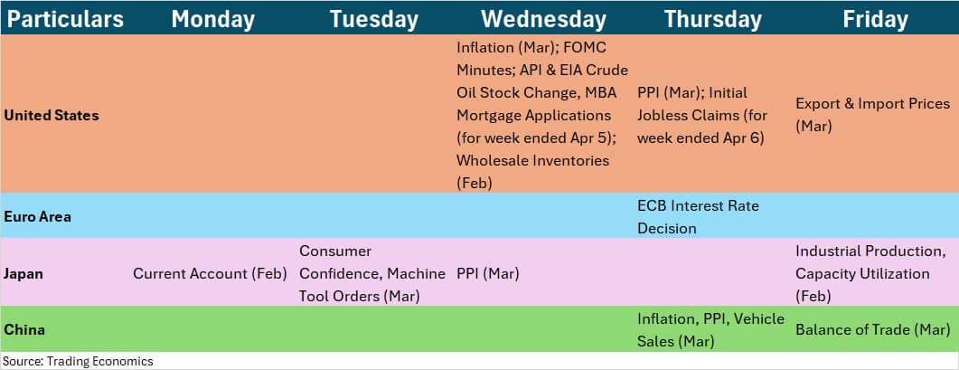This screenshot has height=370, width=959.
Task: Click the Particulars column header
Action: [x=65, y=20]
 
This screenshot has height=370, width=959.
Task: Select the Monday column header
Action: [x=212, y=20]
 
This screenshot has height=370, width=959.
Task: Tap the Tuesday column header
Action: [x=373, y=20]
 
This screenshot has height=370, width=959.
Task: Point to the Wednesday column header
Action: [x=544, y=20]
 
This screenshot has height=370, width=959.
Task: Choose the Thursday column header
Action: [x=712, y=20]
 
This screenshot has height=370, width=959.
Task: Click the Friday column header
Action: [x=875, y=20]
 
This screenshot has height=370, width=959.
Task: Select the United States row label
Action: [x=52, y=115]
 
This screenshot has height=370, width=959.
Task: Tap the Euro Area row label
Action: [x=37, y=217]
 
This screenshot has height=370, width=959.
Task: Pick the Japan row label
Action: [x=23, y=274]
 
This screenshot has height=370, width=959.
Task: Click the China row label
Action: [x=24, y=329]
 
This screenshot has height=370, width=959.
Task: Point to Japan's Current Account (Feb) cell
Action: [x=210, y=274]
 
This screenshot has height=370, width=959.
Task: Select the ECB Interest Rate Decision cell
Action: [x=698, y=217]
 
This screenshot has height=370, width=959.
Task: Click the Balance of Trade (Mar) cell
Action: [x=872, y=329]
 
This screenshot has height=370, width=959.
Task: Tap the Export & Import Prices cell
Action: [x=873, y=115]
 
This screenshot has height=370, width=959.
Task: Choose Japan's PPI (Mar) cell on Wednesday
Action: [x=488, y=274]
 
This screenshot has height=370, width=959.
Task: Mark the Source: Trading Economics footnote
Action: [x=79, y=362]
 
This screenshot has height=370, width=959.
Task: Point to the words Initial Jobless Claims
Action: [x=702, y=104]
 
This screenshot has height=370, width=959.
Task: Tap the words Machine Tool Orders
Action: [x=372, y=285]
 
